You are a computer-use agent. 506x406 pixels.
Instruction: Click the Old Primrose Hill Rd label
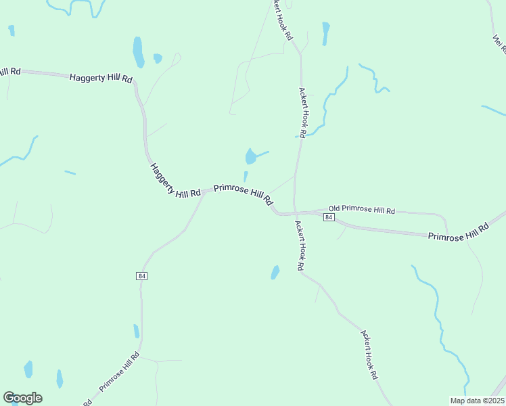[362, 210]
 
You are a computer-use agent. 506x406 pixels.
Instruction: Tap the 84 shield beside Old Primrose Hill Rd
[328, 217]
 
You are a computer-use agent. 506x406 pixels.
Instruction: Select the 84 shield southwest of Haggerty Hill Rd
[141, 276]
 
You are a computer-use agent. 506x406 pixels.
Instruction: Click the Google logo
[22, 398]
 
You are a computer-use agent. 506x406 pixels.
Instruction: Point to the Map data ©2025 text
[477, 401]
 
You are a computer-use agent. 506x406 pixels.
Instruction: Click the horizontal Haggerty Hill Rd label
[101, 78]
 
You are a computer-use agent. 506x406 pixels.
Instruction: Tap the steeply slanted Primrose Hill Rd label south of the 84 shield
[120, 371]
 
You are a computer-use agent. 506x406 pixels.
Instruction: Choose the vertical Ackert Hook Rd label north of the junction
[302, 112]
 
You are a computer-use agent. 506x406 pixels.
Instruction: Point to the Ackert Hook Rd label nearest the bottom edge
[369, 355]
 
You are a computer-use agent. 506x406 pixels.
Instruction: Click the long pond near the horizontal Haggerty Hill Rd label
[138, 52]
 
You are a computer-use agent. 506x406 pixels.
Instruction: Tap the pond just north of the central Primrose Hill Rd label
[251, 157]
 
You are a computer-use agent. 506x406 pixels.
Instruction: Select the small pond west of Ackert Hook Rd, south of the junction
[275, 272]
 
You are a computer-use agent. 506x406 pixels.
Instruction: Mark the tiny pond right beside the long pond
[158, 58]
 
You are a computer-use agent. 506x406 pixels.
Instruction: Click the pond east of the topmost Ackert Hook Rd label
[326, 32]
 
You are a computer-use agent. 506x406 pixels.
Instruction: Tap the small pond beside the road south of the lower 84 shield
[136, 331]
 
